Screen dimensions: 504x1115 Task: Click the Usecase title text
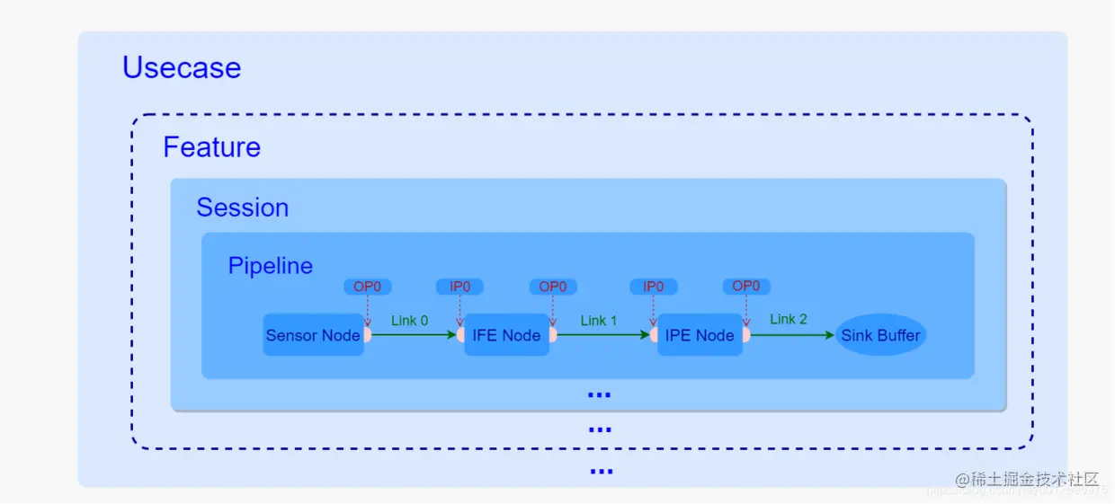point(182,68)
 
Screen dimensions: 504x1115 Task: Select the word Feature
point(212,147)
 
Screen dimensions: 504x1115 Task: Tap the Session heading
point(243,208)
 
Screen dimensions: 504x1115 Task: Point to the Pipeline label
point(271,266)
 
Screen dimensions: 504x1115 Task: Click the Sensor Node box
point(313,335)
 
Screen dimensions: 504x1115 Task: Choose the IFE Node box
point(507,335)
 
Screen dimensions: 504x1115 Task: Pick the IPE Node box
point(700,335)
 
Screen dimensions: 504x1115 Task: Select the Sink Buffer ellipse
point(881,335)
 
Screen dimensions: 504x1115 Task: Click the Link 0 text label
point(410,320)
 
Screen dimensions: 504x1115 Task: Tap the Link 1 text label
point(599,320)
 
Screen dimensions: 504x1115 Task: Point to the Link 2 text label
point(789,319)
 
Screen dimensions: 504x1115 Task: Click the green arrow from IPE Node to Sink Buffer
point(791,335)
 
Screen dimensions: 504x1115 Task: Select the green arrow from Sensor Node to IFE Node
point(414,335)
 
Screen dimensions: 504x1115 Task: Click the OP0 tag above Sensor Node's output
point(368,287)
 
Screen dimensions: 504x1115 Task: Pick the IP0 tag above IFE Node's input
point(459,287)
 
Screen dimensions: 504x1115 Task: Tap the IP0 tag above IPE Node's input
point(654,287)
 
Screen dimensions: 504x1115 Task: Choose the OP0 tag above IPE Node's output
point(746,287)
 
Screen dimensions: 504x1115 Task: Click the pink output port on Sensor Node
point(368,335)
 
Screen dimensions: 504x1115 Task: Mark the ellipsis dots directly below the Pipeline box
point(599,394)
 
